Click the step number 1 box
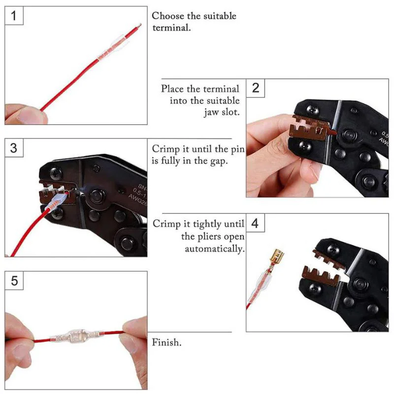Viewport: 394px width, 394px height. (x=14, y=16)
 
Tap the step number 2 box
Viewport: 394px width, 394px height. (x=255, y=88)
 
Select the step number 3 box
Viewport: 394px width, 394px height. (x=14, y=148)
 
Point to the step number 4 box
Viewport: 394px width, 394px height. (x=255, y=223)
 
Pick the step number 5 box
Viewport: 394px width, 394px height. (x=14, y=280)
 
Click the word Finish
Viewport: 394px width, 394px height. (x=166, y=342)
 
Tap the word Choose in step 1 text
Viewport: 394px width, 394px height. (x=168, y=16)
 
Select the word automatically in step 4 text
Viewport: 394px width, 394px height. (x=215, y=249)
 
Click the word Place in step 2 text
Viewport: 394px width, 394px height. (x=173, y=89)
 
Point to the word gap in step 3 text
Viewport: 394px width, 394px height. (x=219, y=161)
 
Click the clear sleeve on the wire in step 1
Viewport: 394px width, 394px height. (x=112, y=48)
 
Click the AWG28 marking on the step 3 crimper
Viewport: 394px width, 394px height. (x=138, y=200)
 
